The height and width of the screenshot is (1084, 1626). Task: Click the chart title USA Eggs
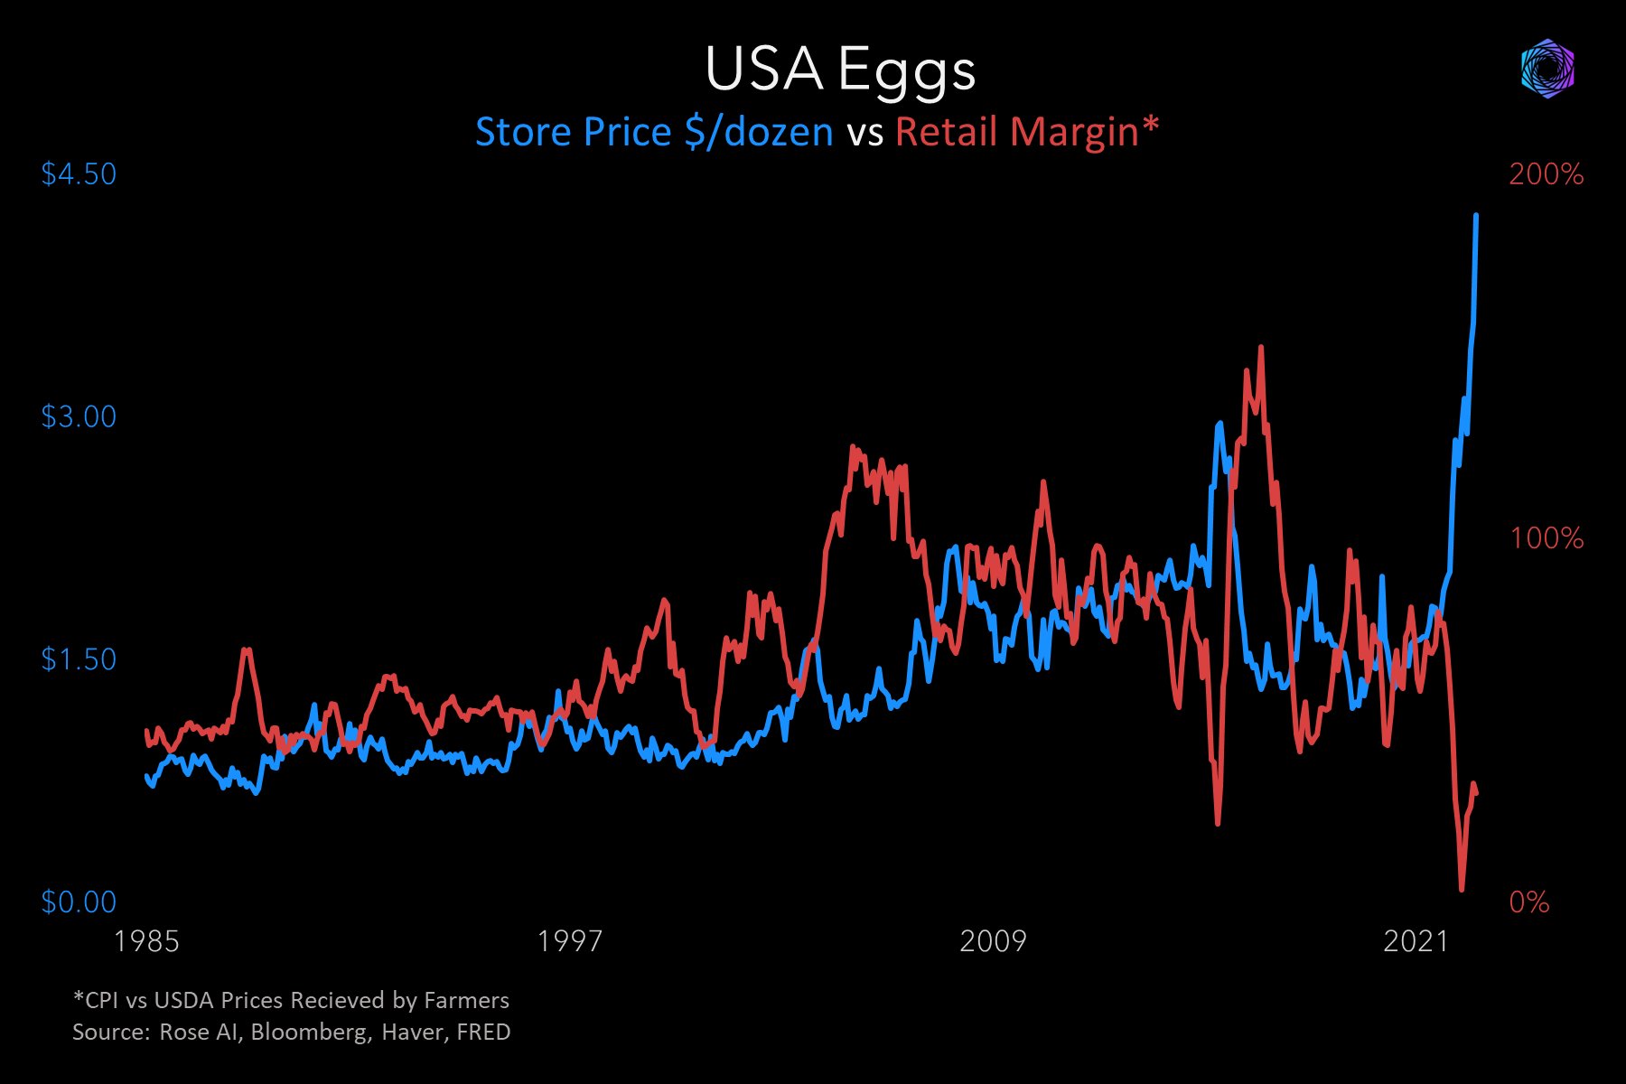coord(840,70)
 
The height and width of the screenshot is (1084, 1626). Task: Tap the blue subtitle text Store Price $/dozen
coord(654,132)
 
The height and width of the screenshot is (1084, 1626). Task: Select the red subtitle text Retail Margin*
coord(1027,132)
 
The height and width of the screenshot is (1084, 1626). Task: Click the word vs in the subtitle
coord(864,134)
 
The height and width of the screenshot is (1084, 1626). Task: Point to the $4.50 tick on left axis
coord(79,173)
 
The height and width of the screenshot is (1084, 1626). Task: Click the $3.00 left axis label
coord(79,416)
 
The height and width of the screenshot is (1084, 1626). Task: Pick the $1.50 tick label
coord(79,659)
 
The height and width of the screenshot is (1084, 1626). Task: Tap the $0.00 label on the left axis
coord(79,902)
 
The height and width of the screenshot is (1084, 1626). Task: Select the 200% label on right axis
coord(1546,174)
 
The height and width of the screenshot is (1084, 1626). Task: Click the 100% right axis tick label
coord(1547,538)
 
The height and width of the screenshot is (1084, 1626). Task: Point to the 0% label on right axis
coord(1528,902)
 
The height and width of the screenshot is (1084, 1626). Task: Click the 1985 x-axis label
coord(146,941)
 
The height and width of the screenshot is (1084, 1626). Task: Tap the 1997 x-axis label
coord(569,941)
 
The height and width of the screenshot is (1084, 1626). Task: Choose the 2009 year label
coord(993,941)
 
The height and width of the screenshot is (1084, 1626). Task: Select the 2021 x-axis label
coord(1416,941)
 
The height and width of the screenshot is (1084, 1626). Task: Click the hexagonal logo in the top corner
coord(1547,69)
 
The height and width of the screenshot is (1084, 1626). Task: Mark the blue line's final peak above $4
coord(1476,216)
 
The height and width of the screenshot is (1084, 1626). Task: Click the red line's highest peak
coord(1260,347)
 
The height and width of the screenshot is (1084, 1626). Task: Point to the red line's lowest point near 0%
coord(1462,889)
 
